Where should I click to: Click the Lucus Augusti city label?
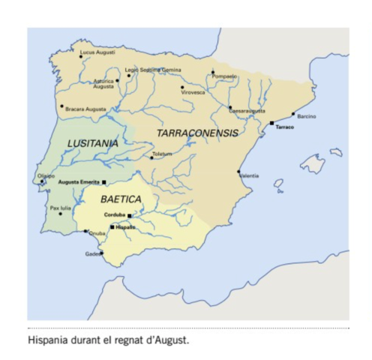97,52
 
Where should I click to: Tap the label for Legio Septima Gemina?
154,69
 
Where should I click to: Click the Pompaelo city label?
225,76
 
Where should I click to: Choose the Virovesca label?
193,92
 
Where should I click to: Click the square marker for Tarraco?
271,123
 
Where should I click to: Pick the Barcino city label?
307,116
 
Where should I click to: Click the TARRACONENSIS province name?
198,133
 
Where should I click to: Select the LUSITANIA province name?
93,142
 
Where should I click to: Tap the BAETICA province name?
121,199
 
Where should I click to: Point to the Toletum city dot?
152,157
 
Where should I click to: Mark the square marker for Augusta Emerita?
104,182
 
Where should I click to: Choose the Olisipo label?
46,175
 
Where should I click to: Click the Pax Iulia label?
61,208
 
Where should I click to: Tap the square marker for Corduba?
130,216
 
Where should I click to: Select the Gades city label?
93,253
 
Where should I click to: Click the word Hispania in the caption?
47,340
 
